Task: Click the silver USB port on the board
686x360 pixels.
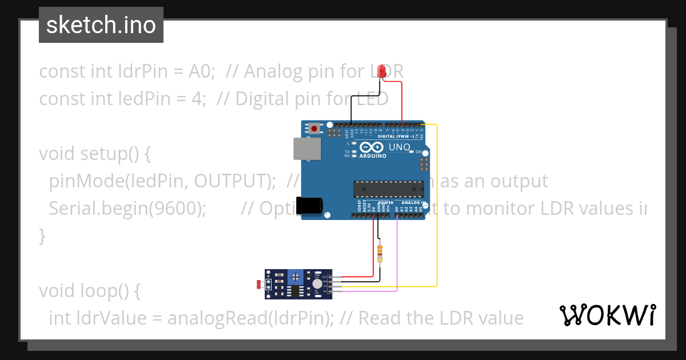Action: click(307, 149)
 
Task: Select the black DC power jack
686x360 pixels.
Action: click(309, 206)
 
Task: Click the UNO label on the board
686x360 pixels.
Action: click(400, 147)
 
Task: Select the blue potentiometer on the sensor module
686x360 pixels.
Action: click(296, 277)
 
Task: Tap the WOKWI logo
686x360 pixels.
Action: click(607, 315)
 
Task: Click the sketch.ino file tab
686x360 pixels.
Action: click(101, 25)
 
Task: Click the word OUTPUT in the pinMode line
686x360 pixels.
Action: click(231, 181)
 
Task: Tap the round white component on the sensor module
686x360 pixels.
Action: click(317, 284)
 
